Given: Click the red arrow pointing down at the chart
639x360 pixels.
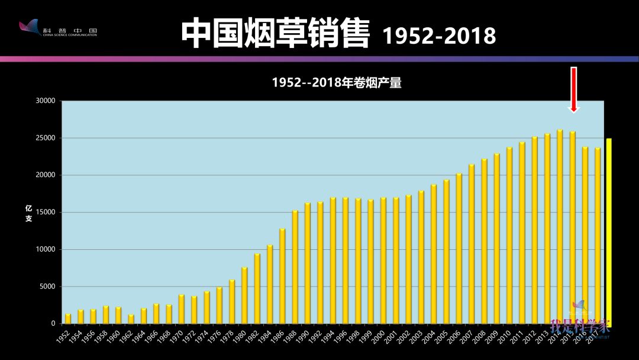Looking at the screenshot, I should coord(573,90).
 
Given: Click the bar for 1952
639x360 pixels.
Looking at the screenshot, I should coord(68,319).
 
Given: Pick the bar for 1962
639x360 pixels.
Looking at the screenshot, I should coord(131,319).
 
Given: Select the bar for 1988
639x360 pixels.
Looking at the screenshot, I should coord(295,267).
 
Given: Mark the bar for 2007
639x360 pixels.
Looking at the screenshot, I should coord(472,244).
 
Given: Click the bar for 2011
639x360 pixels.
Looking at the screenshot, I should coord(522,233).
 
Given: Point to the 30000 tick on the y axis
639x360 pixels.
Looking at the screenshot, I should coord(44,101).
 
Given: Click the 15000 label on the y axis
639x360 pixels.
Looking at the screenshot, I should coord(44,213).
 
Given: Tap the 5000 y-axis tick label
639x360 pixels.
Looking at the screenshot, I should coord(47,287).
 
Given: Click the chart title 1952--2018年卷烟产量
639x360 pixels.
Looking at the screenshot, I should coord(337,83).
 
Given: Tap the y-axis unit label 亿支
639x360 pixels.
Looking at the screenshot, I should coord(28,214).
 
